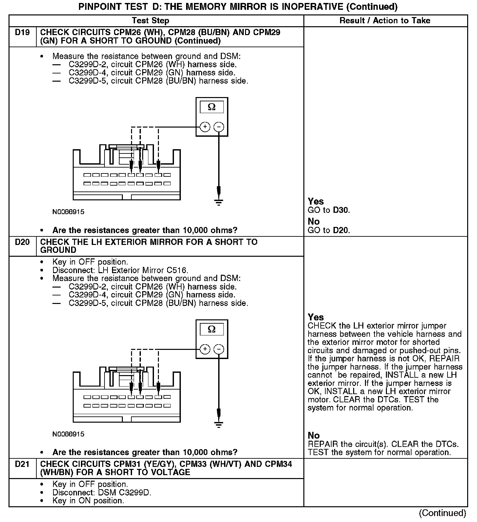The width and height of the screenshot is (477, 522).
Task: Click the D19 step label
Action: pos(22,33)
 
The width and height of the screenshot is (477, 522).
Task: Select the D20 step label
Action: pos(22,242)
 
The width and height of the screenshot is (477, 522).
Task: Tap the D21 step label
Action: pos(22,464)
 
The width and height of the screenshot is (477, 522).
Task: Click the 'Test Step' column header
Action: pos(150,21)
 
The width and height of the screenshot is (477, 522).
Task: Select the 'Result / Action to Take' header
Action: pos(385,21)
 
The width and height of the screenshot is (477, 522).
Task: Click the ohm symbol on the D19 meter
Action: pos(212,107)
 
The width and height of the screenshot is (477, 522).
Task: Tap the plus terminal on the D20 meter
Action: pos(205,349)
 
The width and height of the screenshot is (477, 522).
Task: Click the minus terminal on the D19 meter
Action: pos(219,127)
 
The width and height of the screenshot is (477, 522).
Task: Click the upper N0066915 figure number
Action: pos(68,212)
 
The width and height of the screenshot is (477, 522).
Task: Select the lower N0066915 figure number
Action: pos(68,434)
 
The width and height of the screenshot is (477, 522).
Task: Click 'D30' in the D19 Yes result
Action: pos(341,210)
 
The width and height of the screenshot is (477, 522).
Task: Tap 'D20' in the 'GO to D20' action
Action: pos(341,230)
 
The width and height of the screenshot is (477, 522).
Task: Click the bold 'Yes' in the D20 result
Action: pos(316,317)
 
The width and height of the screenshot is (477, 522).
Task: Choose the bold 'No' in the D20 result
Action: pos(314,435)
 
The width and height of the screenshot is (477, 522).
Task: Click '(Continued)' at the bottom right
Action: pos(442,513)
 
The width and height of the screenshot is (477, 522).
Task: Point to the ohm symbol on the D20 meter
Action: pos(212,329)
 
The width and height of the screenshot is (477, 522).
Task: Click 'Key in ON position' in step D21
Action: pos(88,501)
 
